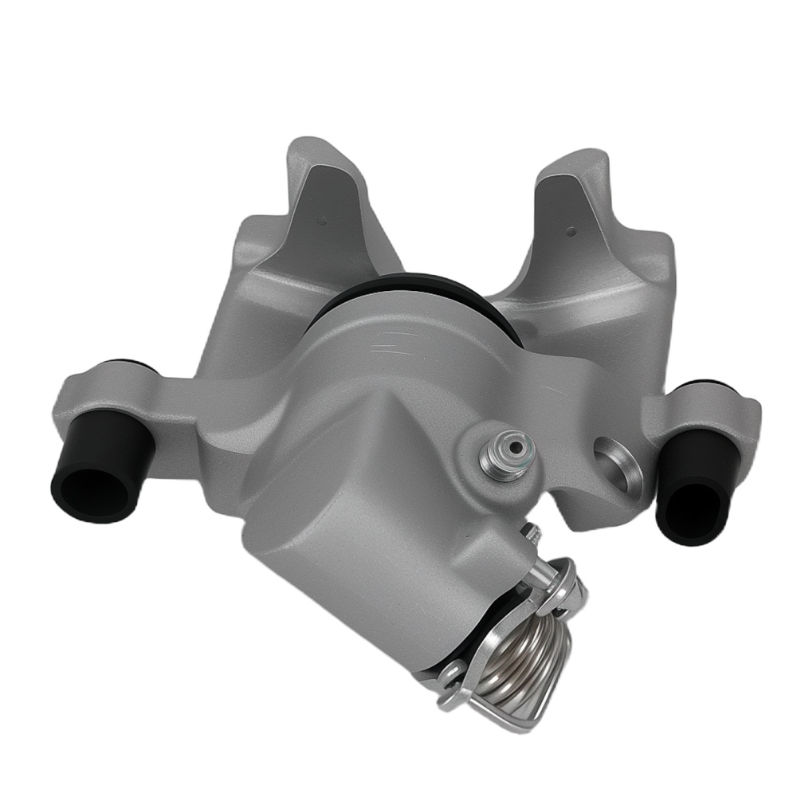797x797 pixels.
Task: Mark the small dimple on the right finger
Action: click(571, 233)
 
